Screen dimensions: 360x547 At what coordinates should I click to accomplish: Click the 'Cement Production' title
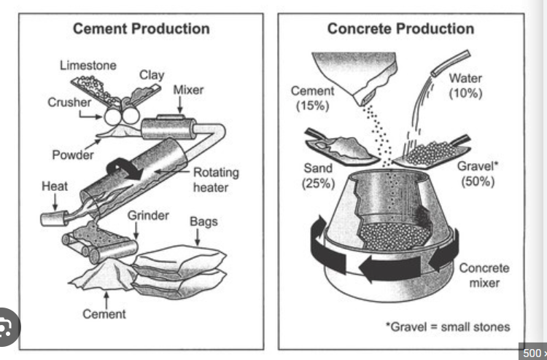[x=141, y=29]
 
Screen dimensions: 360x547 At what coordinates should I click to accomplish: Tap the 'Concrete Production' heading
[x=400, y=29]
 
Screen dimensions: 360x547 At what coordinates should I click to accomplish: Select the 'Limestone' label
[x=88, y=66]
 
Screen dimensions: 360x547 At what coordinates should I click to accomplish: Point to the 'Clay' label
[x=152, y=75]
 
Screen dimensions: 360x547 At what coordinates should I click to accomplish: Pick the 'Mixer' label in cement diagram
[x=188, y=91]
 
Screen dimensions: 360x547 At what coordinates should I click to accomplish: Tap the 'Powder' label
[x=73, y=154]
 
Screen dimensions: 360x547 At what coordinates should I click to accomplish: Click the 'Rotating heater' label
[x=216, y=180]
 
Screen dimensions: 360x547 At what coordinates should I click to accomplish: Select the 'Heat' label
[x=55, y=186]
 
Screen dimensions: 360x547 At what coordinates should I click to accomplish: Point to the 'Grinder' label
[x=148, y=216]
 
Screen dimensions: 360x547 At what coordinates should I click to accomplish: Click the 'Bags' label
[x=203, y=221]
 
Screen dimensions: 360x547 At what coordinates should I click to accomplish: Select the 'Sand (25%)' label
[x=317, y=176]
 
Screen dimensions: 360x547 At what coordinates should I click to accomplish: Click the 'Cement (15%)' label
[x=312, y=98]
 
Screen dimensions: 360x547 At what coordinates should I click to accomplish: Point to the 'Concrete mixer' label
[x=484, y=275]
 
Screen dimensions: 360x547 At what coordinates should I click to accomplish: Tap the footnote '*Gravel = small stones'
[x=447, y=326]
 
